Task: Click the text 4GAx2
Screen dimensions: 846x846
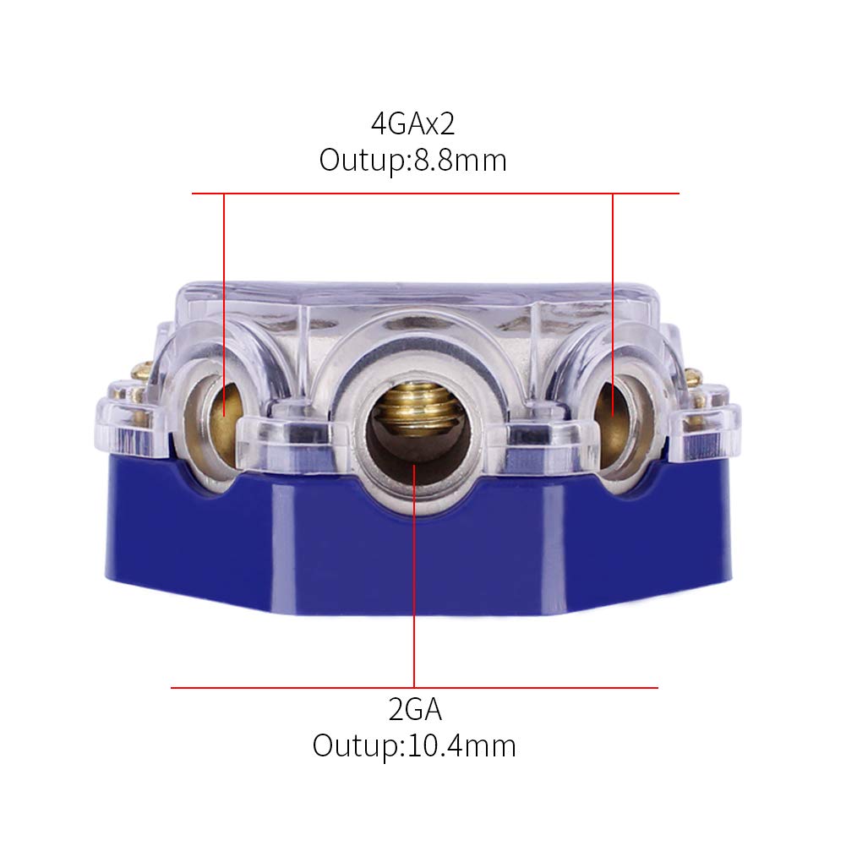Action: click(412, 125)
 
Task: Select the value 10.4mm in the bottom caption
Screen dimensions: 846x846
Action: click(461, 745)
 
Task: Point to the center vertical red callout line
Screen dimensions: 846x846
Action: click(414, 592)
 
